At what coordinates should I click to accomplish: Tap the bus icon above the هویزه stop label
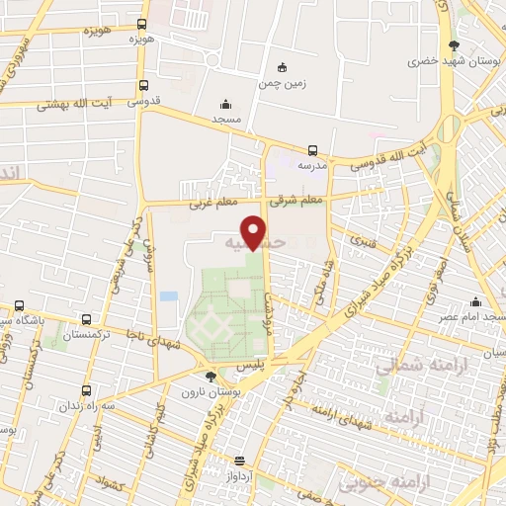(x=142, y=24)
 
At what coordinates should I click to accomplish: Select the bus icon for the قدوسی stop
(x=145, y=86)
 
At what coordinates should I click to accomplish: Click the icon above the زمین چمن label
(x=283, y=67)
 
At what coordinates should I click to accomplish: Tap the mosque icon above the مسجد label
(x=225, y=103)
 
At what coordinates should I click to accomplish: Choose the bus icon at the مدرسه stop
(x=312, y=151)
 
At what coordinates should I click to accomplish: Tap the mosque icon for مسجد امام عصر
(x=477, y=302)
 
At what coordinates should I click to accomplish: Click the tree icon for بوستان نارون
(x=211, y=376)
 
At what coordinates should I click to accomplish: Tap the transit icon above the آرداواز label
(x=239, y=460)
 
